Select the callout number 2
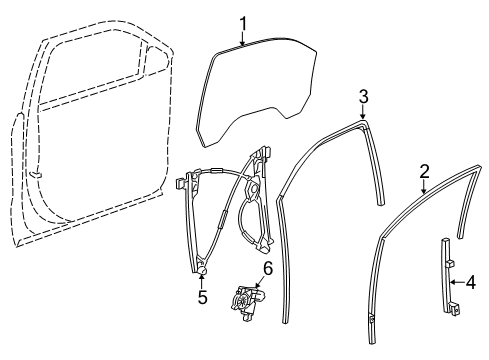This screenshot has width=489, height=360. (424, 171)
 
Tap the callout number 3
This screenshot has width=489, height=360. (364, 96)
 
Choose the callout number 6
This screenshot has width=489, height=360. (267, 268)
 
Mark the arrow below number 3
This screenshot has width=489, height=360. (364, 112)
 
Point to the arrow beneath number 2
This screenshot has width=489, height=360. (424, 187)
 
